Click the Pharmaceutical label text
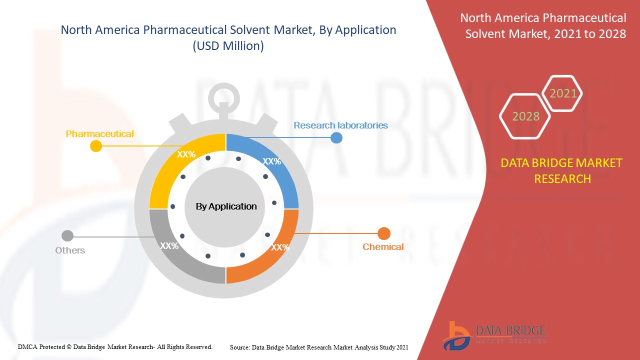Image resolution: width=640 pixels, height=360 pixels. [99, 133]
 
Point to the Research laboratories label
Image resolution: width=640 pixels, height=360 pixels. [341, 125]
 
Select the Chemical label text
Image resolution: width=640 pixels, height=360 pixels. [383, 247]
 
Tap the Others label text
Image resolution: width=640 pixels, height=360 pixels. [70, 250]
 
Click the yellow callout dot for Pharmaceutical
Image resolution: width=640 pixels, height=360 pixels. [96, 146]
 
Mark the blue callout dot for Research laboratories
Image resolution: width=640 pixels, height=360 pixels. [336, 137]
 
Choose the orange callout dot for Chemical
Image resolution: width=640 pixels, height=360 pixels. [384, 233]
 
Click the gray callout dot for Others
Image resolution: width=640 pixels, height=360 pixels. [67, 236]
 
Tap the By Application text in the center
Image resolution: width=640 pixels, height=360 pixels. [226, 206]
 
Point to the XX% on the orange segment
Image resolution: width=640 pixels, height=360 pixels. [280, 247]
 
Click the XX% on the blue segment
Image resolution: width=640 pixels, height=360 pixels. [272, 161]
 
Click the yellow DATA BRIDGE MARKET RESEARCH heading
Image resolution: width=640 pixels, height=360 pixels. [561, 171]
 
